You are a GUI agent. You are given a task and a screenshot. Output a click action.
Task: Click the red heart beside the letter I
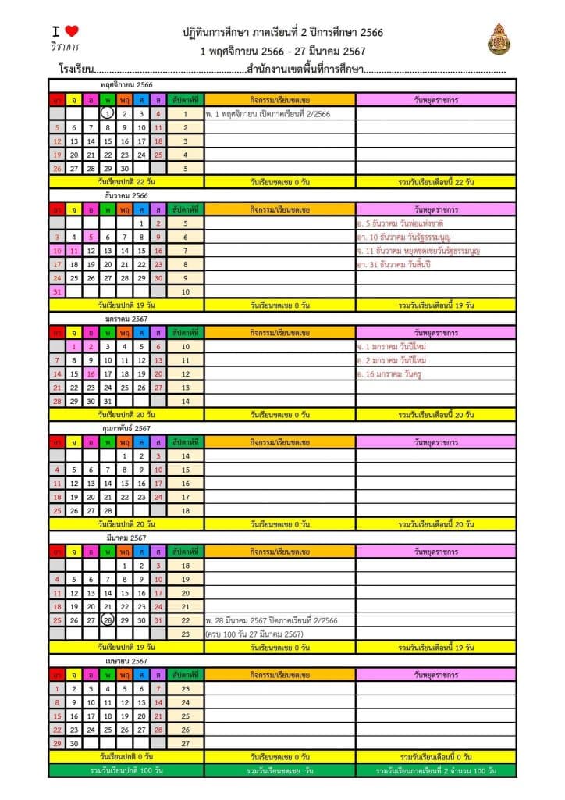(71, 31)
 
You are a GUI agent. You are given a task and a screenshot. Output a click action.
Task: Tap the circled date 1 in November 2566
(108, 114)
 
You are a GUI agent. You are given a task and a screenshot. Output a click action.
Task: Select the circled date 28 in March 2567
(108, 620)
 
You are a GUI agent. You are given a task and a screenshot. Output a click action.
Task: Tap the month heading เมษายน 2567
(126, 661)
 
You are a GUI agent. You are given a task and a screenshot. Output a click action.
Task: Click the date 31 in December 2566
(56, 291)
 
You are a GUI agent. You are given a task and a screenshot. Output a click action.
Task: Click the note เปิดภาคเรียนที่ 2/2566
(268, 114)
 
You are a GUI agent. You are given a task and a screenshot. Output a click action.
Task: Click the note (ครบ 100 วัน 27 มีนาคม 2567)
(254, 634)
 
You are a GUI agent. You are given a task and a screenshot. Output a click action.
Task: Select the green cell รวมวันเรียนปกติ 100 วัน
(126, 770)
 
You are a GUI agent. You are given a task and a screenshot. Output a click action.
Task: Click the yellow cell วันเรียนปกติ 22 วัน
(126, 182)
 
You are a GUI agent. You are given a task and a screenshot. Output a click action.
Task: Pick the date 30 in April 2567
(73, 744)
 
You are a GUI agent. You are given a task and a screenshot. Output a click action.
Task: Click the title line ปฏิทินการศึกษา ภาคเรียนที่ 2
(282, 33)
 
